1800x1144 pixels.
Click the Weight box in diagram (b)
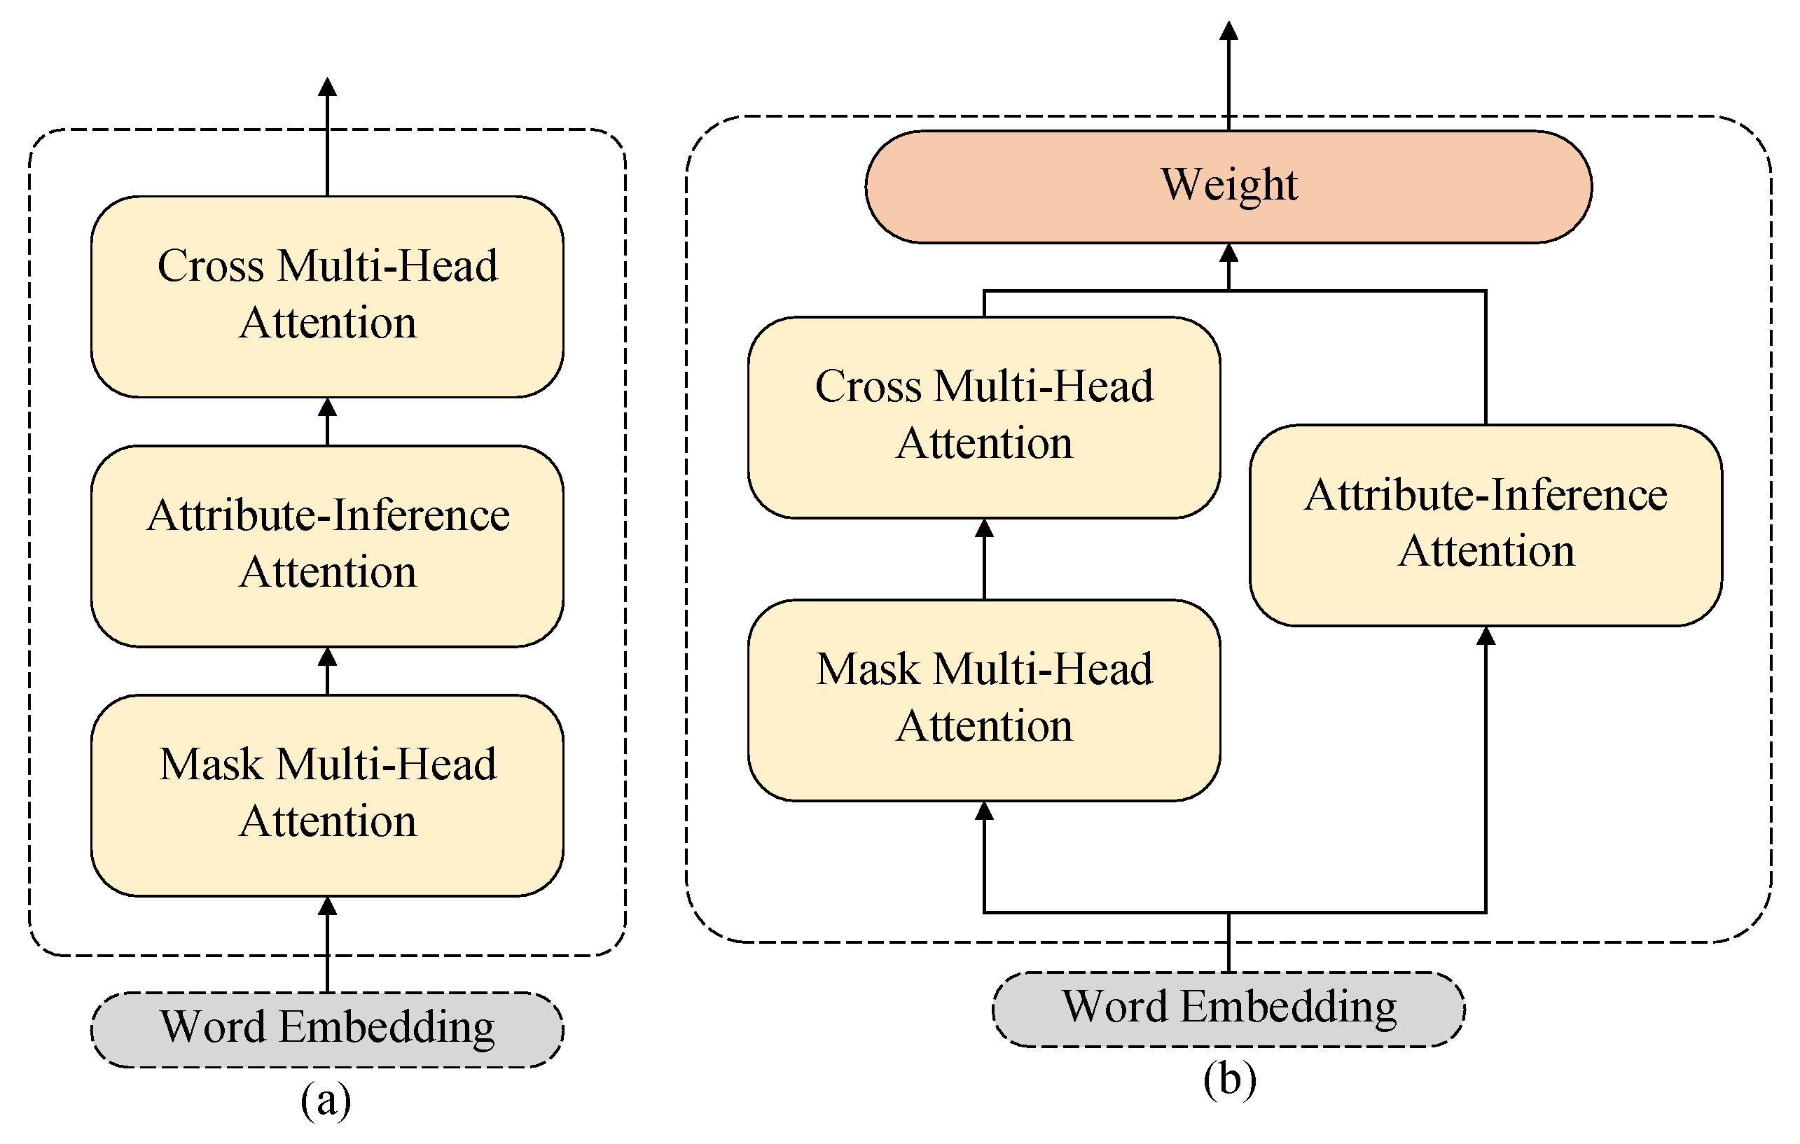point(1228,187)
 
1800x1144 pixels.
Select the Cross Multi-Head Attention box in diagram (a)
point(327,297)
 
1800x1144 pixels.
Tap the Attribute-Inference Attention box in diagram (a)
point(327,546)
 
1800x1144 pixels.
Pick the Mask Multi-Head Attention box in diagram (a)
point(327,795)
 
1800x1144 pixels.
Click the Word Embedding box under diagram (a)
point(327,1029)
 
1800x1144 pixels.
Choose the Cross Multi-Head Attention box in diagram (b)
point(985,417)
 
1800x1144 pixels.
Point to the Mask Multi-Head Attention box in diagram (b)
point(985,700)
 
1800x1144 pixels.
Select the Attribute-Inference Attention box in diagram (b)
point(1486,524)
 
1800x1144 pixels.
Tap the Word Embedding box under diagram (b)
point(1228,1009)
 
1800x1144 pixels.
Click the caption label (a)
point(326,1100)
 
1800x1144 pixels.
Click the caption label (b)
point(1230,1079)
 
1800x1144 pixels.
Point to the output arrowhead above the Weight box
point(1229,30)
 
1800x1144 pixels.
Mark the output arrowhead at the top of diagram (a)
point(327,86)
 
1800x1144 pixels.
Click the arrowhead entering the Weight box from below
point(1229,253)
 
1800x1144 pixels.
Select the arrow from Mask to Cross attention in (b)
point(985,559)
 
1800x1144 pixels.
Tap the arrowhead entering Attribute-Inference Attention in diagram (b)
point(1486,635)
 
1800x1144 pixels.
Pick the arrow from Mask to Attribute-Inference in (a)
point(327,671)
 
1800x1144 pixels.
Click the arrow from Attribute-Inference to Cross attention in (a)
point(327,421)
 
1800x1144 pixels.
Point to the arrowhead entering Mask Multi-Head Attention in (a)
point(327,906)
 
